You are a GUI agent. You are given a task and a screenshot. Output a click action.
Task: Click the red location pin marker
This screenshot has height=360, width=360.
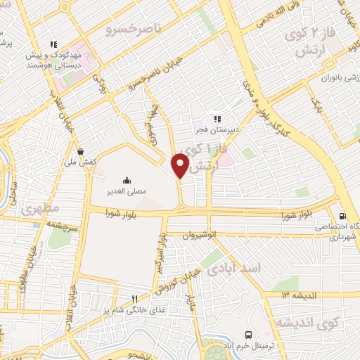click(x=181, y=166)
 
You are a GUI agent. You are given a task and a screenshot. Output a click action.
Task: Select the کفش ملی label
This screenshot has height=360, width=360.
click(x=82, y=162)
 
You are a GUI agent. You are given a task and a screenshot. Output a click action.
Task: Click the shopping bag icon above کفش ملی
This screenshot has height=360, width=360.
click(x=82, y=151)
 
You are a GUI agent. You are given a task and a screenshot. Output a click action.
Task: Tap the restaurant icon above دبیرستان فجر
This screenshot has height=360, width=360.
click(x=217, y=119)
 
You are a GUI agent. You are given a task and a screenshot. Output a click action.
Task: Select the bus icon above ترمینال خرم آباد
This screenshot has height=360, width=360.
click(x=247, y=335)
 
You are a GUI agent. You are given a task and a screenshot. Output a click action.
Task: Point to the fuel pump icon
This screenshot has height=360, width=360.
click(x=342, y=216)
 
